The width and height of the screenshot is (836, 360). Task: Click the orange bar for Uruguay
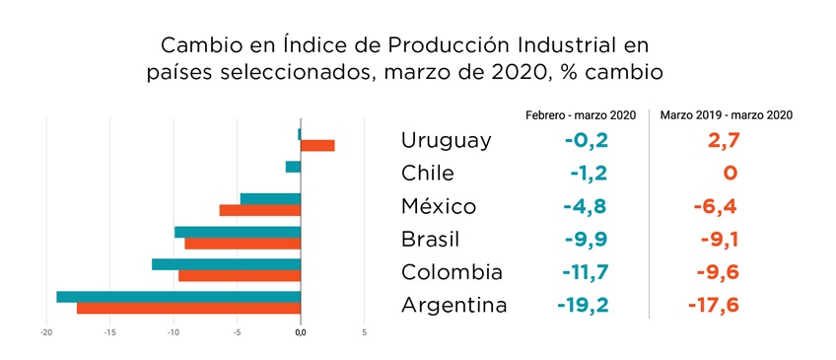317,146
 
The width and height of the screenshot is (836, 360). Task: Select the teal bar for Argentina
178,296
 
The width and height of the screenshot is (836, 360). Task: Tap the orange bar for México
259,210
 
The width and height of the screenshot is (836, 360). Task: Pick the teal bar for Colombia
226,263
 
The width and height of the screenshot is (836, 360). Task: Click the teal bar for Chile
293,167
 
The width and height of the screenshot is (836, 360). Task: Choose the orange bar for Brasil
243,243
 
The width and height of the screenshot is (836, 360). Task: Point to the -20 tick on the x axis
46,332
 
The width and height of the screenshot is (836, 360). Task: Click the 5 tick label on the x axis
364,332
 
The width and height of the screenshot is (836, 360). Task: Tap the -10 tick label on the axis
174,332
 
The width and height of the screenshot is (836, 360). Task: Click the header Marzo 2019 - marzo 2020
726,115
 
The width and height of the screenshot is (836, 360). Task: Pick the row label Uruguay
446,141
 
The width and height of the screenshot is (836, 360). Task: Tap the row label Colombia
452,272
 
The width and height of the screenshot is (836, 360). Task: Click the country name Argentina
453,305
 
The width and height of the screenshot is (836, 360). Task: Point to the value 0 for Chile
730,174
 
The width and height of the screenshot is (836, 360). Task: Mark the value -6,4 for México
712,206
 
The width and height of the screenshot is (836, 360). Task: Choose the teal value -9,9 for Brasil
585,240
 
